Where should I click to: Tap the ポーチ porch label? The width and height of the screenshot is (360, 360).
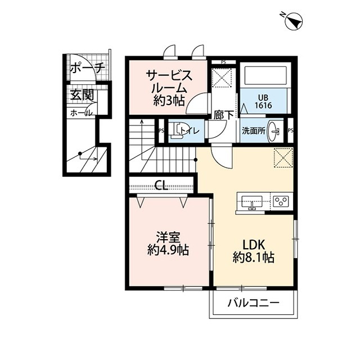[87, 69]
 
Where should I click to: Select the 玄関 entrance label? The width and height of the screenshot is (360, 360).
[82, 95]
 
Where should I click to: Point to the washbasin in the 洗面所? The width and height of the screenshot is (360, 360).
[274, 130]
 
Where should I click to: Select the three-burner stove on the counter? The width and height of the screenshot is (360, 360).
[280, 201]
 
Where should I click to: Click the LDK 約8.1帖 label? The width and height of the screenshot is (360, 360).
[253, 251]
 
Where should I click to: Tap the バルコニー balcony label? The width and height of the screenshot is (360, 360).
[253, 304]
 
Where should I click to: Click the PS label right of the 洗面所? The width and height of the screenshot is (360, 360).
[290, 130]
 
